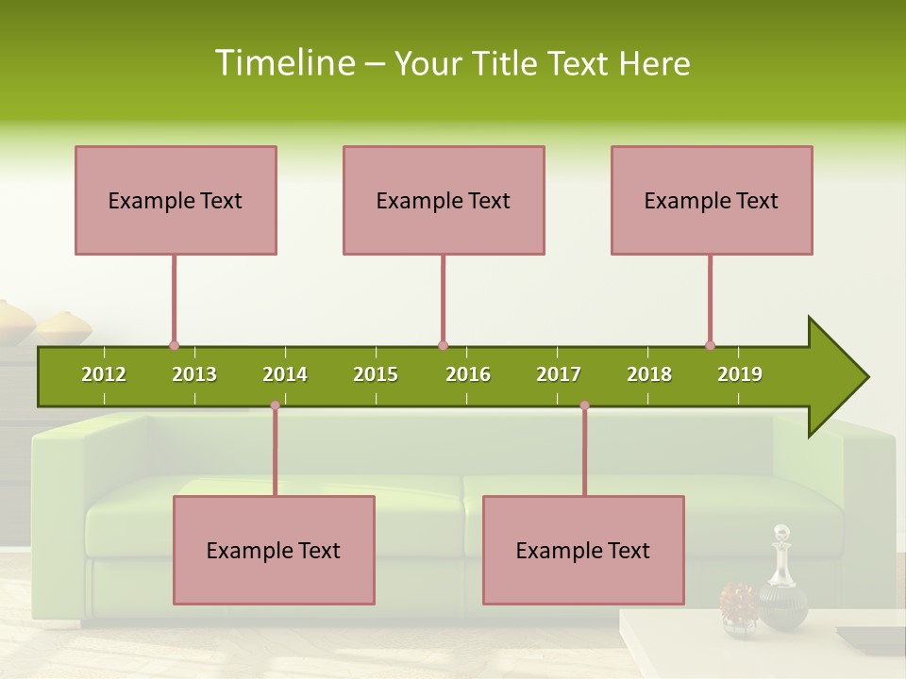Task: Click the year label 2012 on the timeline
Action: point(104,374)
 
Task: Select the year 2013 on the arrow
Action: point(194,374)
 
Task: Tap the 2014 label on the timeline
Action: point(285,374)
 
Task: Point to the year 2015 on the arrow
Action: point(376,374)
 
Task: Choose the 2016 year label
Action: point(468,374)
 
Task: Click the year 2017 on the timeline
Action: point(559,374)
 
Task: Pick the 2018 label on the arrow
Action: point(649,374)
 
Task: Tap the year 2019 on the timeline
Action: point(740,374)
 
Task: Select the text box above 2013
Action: point(176,200)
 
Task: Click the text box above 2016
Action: point(444,200)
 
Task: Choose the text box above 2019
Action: point(712,200)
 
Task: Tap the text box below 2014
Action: point(274,550)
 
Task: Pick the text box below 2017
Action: point(583,550)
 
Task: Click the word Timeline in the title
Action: point(284,63)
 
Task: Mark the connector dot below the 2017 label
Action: point(584,406)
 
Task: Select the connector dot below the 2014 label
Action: point(275,406)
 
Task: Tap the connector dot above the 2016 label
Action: point(443,345)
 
